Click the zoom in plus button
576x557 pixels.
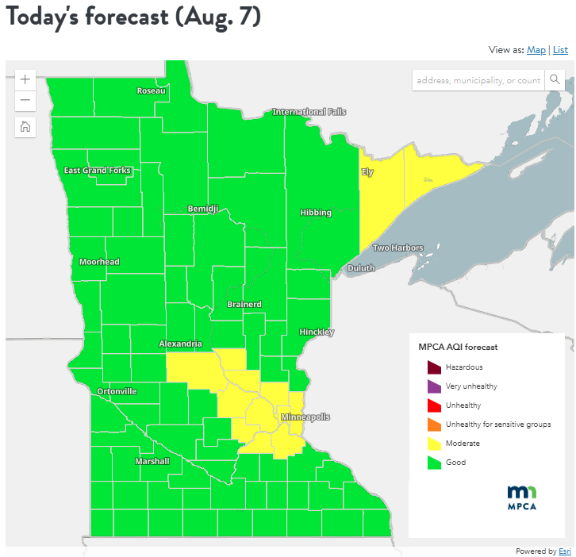point(25,79)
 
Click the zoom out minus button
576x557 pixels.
point(25,100)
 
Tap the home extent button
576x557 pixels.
point(25,126)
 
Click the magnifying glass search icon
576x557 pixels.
point(555,80)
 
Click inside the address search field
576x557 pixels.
point(478,80)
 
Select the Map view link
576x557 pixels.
point(536,50)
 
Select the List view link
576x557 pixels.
point(560,50)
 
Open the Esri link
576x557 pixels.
point(564,551)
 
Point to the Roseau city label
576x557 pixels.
point(151,90)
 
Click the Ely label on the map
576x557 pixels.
point(367,171)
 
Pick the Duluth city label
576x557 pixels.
point(361,268)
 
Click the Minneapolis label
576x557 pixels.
point(305,417)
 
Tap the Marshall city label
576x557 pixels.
point(152,461)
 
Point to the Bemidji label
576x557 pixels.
point(202,208)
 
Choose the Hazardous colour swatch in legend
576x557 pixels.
point(433,367)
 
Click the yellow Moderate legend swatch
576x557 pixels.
point(433,443)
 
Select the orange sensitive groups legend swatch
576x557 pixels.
point(433,424)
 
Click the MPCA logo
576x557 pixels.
point(522,497)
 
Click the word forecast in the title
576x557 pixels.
point(118,17)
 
